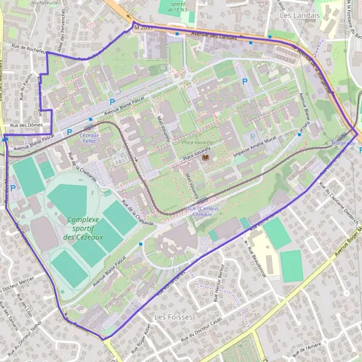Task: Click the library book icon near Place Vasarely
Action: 207,158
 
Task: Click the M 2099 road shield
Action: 145,27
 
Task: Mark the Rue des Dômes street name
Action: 23,125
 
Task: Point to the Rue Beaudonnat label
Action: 253,253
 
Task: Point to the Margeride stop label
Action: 344,143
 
